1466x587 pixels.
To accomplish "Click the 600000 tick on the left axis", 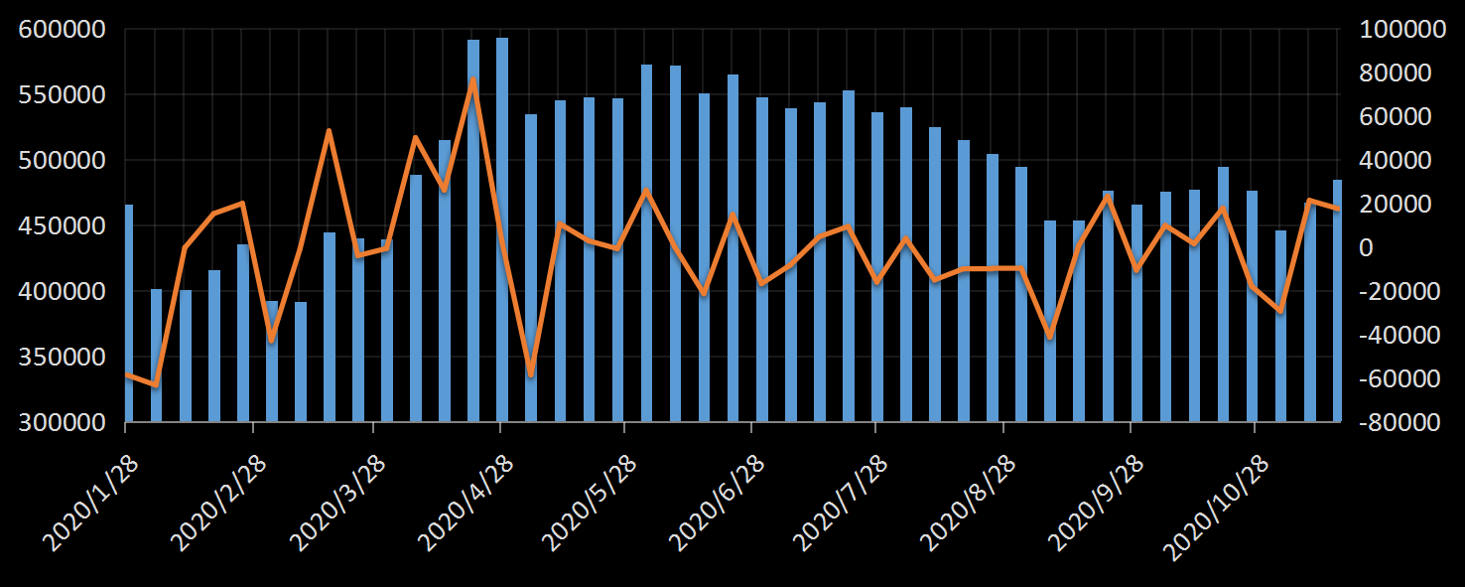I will coord(63,30).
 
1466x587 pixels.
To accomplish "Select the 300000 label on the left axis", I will coord(63,422).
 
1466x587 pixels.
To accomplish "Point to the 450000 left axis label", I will coord(63,225).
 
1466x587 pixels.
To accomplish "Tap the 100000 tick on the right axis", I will coord(1395,30).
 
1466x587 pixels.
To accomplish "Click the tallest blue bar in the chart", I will coord(502,228).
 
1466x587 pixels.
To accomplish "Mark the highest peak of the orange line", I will coord(473,79).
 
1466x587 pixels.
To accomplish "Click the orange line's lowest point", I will coord(155,384).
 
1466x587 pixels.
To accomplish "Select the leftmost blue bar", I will coord(128,313).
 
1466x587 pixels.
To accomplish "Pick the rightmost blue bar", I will coord(1337,300).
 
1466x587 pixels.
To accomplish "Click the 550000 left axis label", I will coord(63,95).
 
